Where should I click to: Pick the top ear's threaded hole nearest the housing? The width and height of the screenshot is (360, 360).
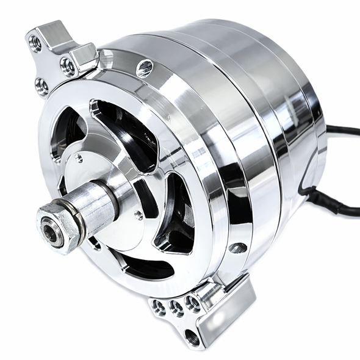[x=68, y=65]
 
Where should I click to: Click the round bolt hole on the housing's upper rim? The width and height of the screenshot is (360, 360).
[x=145, y=68]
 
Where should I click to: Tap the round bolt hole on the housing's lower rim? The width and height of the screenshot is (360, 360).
[x=239, y=248]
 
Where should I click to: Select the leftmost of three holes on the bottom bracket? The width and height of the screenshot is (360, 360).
[x=159, y=307]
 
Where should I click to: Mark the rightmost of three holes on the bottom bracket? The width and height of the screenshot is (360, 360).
[x=195, y=303]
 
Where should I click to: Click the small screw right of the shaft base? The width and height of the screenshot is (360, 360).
[x=140, y=214]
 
